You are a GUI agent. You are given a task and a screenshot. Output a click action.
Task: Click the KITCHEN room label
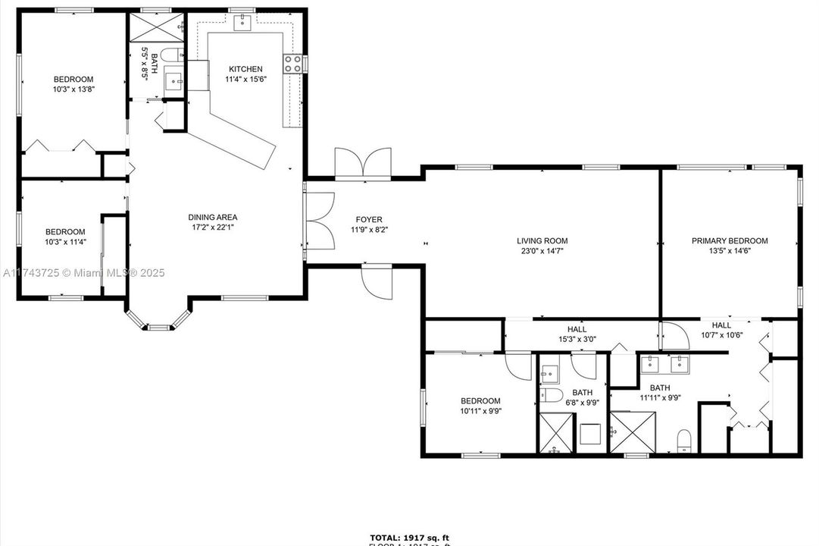pyautogui.click(x=245, y=69)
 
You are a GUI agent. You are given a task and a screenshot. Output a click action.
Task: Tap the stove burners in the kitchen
pyautogui.click(x=293, y=64)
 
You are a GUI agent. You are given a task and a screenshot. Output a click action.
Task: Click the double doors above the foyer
pyautogui.click(x=364, y=165)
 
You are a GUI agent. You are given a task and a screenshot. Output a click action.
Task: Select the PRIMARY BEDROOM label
pyautogui.click(x=730, y=240)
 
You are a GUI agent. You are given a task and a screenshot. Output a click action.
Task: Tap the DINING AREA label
pyautogui.click(x=213, y=217)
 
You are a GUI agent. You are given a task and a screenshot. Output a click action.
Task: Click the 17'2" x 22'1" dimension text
pyautogui.click(x=213, y=227)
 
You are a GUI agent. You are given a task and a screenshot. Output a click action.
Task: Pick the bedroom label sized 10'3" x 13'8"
pyautogui.click(x=73, y=80)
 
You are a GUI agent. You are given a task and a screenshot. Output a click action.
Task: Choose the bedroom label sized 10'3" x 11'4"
pyautogui.click(x=65, y=232)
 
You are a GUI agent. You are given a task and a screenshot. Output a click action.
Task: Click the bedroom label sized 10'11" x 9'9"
pyautogui.click(x=480, y=401)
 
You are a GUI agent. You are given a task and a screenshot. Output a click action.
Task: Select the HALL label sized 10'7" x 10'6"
pyautogui.click(x=721, y=325)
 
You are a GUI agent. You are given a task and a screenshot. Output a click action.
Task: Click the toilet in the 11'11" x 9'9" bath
pyautogui.click(x=684, y=439)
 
